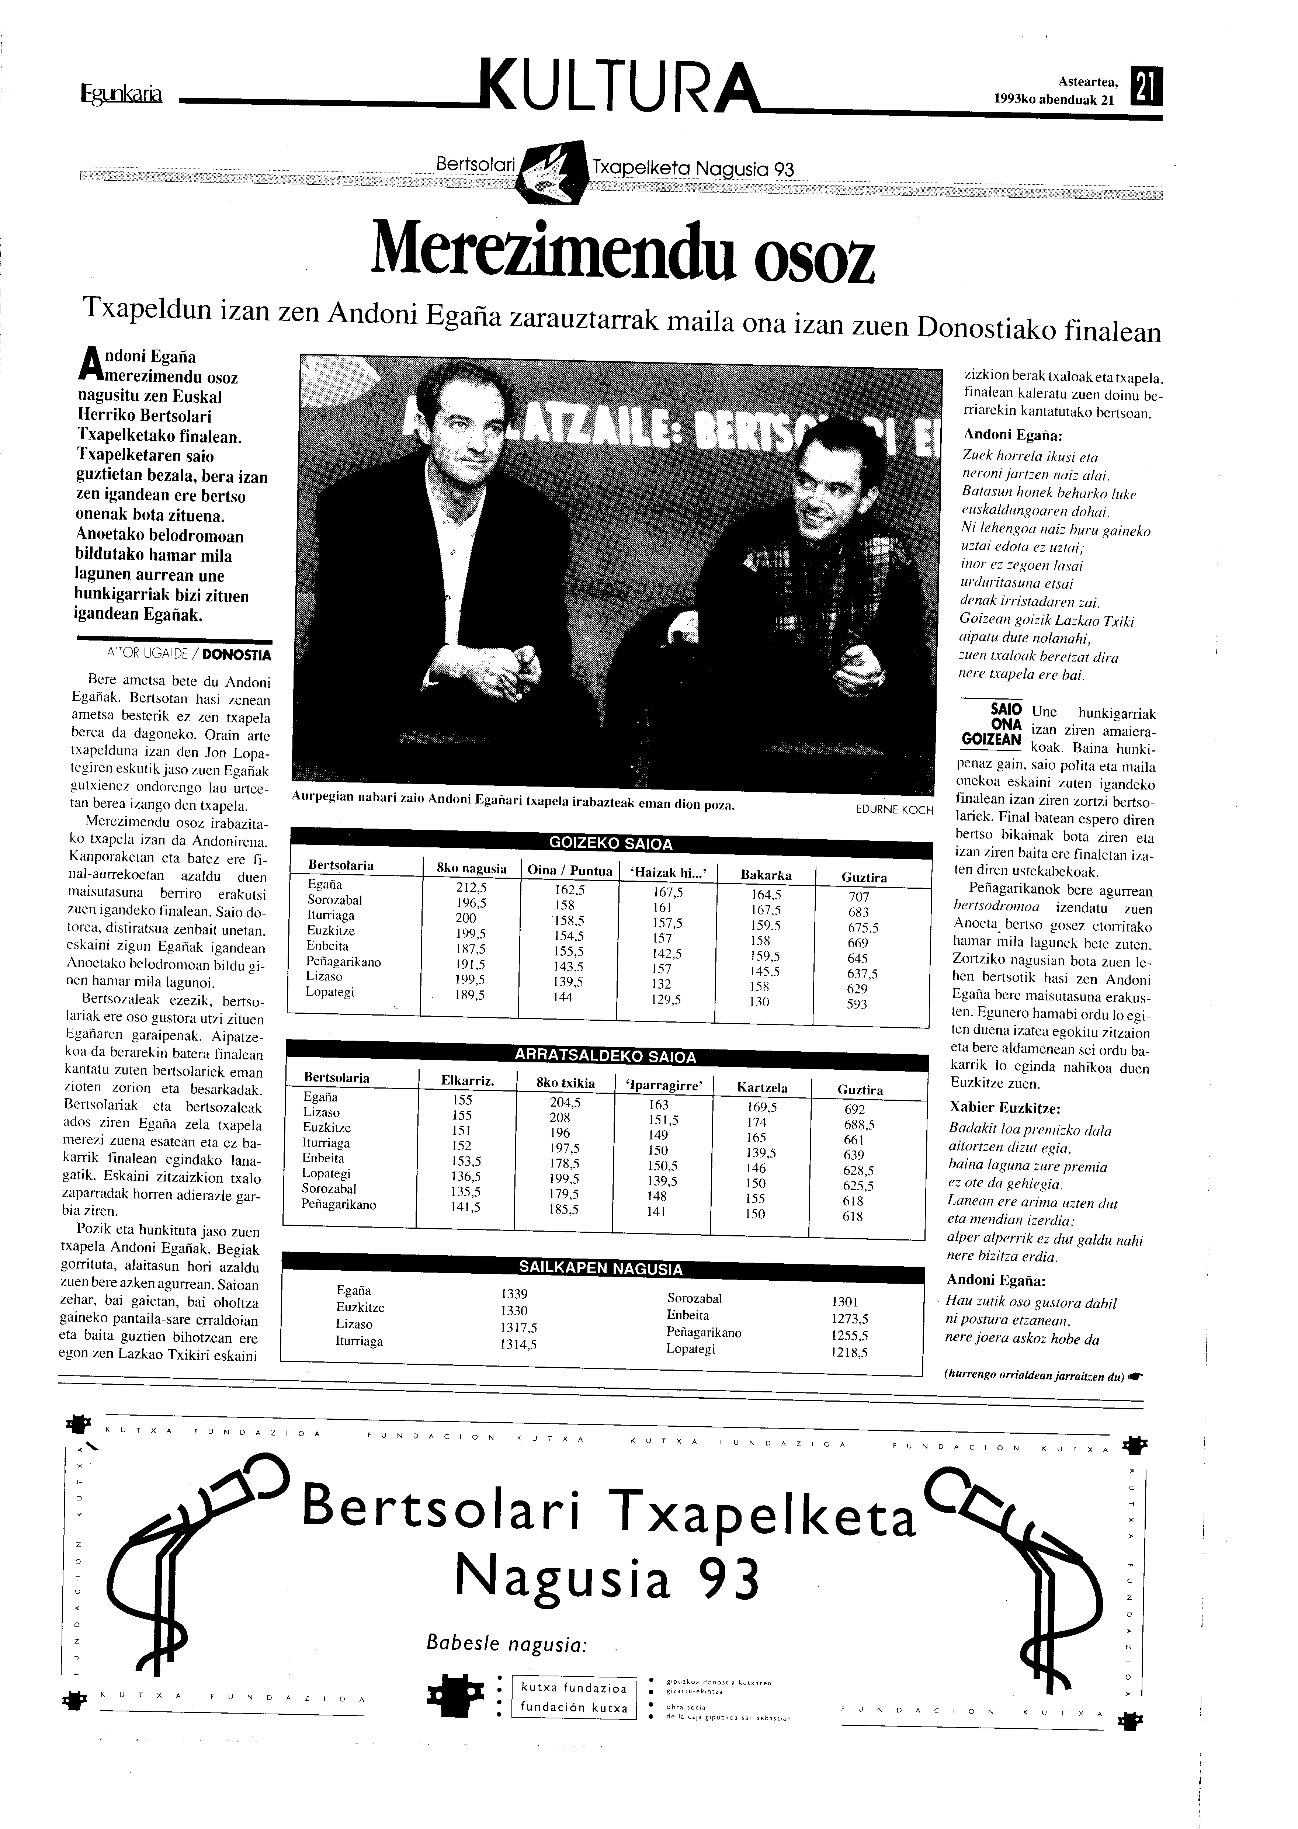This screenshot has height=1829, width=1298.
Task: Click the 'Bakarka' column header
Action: [x=766, y=875]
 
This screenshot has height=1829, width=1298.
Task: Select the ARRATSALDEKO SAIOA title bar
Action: [x=605, y=1056]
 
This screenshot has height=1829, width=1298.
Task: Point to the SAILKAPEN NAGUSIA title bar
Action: [x=601, y=1269]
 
